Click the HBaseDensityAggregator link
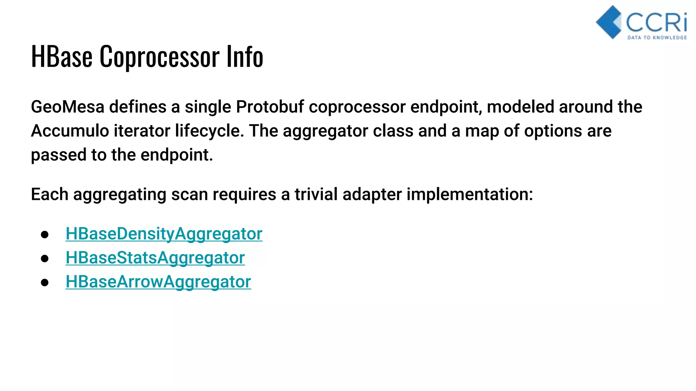[164, 234]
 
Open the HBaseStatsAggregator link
[155, 258]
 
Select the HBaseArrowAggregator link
[158, 282]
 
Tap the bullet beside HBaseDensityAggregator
[45, 235]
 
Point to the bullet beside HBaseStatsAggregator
[45, 259]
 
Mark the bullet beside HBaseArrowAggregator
[45, 283]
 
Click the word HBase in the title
[62, 56]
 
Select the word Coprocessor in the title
[159, 57]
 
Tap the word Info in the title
[245, 56]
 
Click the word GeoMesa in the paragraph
[67, 107]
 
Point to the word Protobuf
[270, 107]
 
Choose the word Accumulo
[70, 131]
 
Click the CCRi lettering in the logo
[656, 22]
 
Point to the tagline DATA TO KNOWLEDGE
[657, 37]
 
